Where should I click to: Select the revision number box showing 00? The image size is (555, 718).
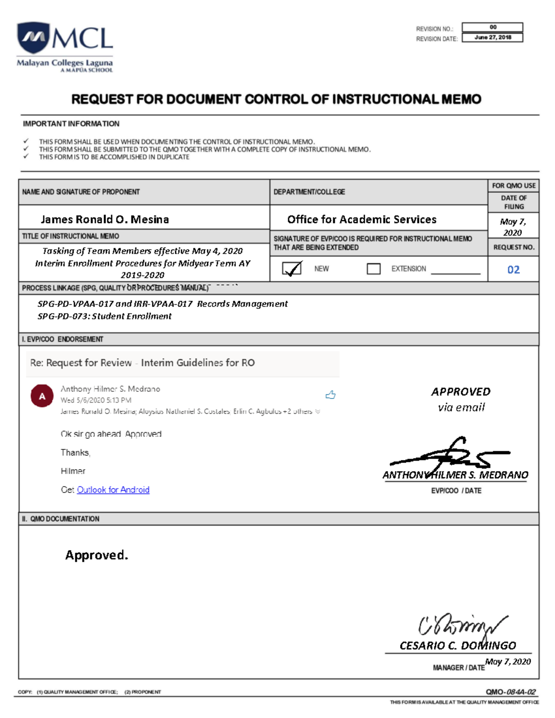[x=492, y=27]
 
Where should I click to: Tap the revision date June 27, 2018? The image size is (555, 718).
[x=492, y=37]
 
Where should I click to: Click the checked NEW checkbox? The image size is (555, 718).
[x=292, y=269]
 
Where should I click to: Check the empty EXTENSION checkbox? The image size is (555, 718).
[x=373, y=269]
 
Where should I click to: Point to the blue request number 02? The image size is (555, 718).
[x=513, y=270]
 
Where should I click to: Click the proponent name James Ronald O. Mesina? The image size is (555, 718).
[x=105, y=219]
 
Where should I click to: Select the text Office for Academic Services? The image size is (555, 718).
[x=362, y=219]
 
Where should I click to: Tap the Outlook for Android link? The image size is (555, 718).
[x=113, y=490]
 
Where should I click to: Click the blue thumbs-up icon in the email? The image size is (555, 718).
[x=330, y=395]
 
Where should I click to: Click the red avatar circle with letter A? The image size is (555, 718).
[x=42, y=396]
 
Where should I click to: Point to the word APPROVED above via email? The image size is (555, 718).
[x=461, y=392]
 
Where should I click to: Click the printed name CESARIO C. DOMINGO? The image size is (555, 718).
[x=457, y=645]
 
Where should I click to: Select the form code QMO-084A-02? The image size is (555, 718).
[x=510, y=692]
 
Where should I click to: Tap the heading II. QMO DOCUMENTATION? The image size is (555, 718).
[x=61, y=519]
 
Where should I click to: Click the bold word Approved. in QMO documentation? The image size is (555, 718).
[x=96, y=555]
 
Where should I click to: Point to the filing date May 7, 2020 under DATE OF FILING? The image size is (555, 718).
[x=513, y=227]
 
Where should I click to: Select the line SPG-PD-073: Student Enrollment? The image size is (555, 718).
[x=105, y=316]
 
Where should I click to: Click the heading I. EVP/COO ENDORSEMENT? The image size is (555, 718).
[x=62, y=339]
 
